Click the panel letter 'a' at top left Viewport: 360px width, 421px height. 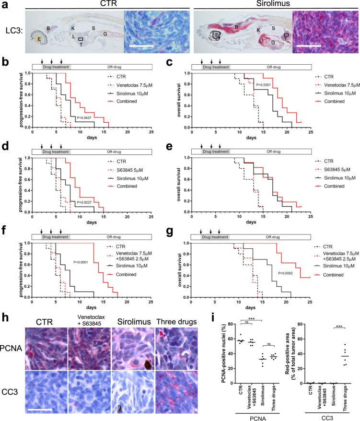pos(4,4)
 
